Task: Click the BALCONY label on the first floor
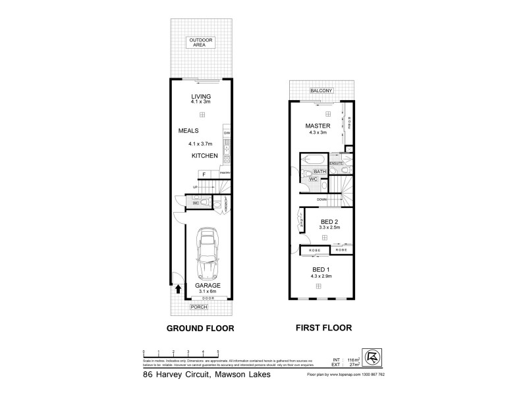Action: (x=322, y=90)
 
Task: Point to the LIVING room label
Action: (x=201, y=97)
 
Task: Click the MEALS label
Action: (x=189, y=130)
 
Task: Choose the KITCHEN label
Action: (x=204, y=155)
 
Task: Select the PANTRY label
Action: (x=225, y=173)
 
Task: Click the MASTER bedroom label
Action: (x=317, y=125)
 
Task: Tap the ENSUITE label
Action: (x=337, y=163)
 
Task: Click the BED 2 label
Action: (x=329, y=223)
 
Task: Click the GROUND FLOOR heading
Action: (x=201, y=327)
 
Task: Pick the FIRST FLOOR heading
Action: (x=323, y=327)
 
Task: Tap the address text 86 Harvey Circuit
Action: (x=173, y=375)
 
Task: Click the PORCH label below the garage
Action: (x=198, y=307)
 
